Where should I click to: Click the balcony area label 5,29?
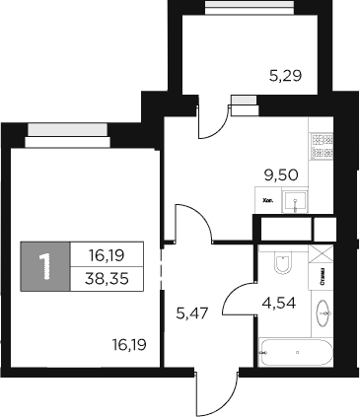tap(285, 72)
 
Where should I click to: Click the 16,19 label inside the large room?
tap(129, 345)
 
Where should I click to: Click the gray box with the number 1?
tap(44, 265)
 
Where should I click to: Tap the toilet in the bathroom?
tap(282, 263)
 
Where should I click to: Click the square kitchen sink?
tap(296, 202)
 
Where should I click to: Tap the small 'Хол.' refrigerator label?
tap(266, 196)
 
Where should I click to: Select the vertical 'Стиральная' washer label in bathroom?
tap(325, 286)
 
